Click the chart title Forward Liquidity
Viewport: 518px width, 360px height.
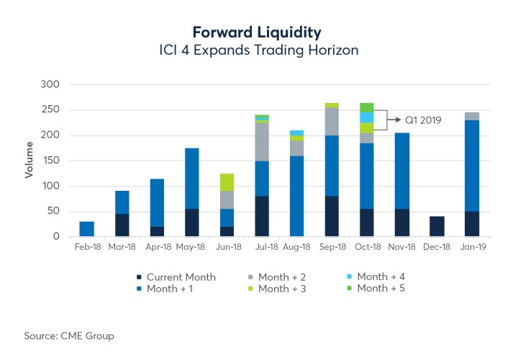point(257,32)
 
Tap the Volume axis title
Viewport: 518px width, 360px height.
point(29,160)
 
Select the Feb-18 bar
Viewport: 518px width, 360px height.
point(86,229)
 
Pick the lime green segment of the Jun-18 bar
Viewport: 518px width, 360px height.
point(227,182)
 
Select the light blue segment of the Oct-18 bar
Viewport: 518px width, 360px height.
point(367,117)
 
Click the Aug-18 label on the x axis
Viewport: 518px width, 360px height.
point(296,247)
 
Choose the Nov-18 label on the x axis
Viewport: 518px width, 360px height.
point(402,247)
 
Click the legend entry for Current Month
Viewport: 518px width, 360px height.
point(176,276)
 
